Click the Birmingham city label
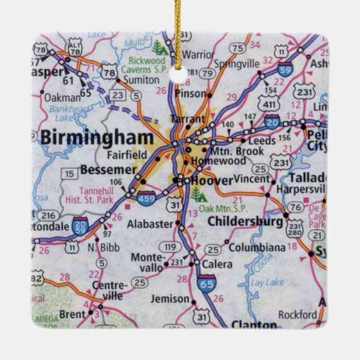96,138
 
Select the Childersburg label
245,221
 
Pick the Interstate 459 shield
146,197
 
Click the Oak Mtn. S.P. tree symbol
196,193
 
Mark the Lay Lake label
267,283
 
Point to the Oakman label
62,97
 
